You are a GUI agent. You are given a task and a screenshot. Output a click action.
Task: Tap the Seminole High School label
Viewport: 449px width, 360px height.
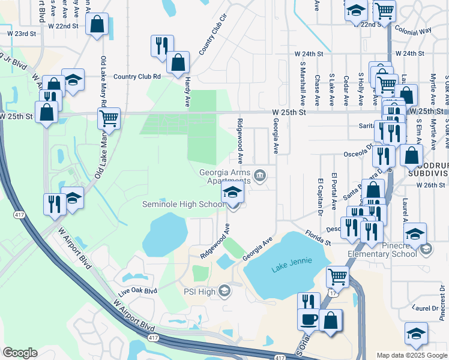tap(182, 205)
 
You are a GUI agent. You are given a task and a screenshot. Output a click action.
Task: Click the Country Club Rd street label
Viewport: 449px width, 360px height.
tap(137, 76)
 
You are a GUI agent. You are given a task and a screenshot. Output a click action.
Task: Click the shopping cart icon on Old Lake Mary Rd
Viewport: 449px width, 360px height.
tap(109, 118)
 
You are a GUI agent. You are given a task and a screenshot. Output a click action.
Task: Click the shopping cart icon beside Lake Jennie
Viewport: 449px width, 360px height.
tap(337, 277)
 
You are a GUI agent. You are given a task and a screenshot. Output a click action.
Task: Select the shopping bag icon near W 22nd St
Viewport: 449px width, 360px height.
tap(97, 25)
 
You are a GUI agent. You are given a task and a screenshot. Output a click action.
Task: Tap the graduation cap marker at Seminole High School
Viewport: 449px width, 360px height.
tap(233, 193)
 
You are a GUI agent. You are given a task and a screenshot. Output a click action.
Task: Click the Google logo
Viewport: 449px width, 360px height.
tap(20, 353)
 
